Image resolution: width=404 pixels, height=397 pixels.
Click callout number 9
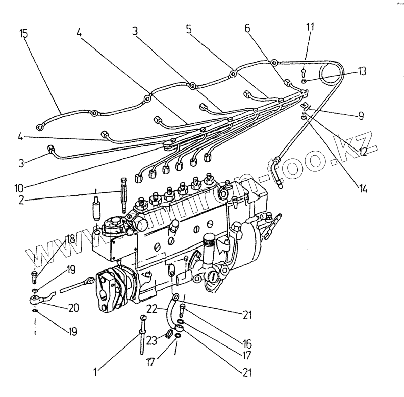[361, 116]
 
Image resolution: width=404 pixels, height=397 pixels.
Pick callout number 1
[96, 373]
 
